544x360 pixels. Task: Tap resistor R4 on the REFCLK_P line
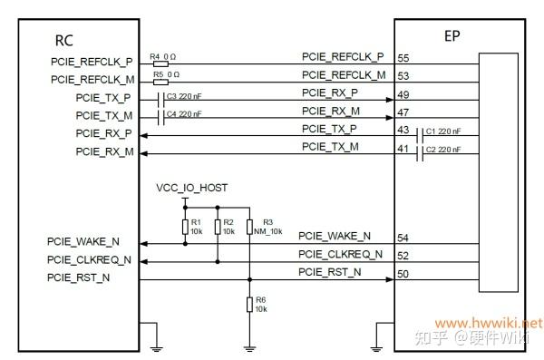pyautogui.click(x=160, y=64)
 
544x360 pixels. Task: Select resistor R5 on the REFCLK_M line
pyautogui.click(x=160, y=82)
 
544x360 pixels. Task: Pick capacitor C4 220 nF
pyautogui.click(x=162, y=115)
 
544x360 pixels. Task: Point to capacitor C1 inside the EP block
pyautogui.click(x=422, y=134)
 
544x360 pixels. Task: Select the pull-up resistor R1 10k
pyautogui.click(x=186, y=226)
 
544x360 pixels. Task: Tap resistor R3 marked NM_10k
pyautogui.click(x=248, y=226)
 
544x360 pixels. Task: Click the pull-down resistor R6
pyautogui.click(x=248, y=304)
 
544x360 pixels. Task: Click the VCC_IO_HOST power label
pyautogui.click(x=191, y=188)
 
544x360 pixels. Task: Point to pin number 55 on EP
pyautogui.click(x=403, y=57)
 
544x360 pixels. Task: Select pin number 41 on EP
pyautogui.click(x=403, y=146)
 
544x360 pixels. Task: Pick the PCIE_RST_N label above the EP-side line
pyautogui.click(x=331, y=271)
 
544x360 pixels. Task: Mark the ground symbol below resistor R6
pyautogui.click(x=248, y=345)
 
